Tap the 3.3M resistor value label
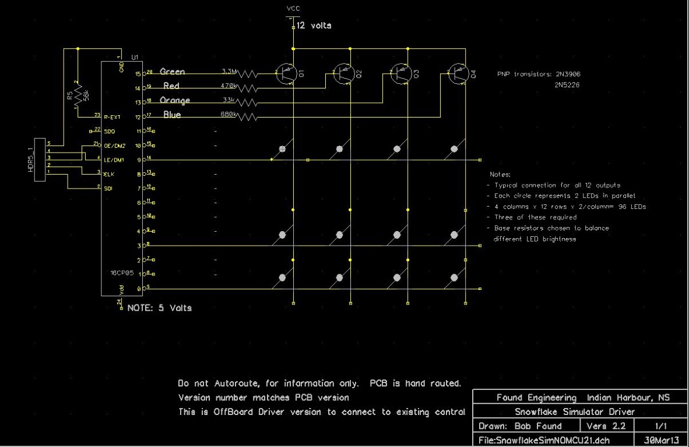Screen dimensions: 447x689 [x=229, y=72]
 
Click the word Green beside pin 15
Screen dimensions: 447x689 [x=172, y=72]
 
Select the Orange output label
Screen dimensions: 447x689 [x=175, y=100]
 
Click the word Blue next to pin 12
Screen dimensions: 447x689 [x=172, y=115]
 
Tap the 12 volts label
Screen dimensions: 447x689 [x=314, y=26]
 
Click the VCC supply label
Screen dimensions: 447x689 [x=293, y=8]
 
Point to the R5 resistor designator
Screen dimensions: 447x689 [x=69, y=95]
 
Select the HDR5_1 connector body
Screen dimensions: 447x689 [x=40, y=159]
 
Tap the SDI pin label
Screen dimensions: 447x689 [x=108, y=187]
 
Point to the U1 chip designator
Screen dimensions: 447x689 [x=135, y=57]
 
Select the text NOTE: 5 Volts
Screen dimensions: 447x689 [x=159, y=308]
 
